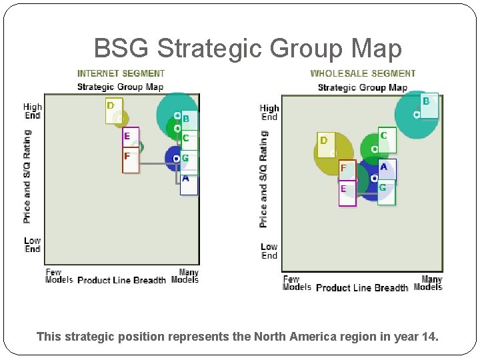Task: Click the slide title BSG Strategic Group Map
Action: click(248, 49)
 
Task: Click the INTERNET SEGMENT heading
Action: click(121, 73)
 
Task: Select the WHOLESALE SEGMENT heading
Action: click(363, 73)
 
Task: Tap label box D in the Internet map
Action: click(113, 111)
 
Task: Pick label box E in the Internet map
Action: click(131, 138)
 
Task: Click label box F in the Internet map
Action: click(131, 161)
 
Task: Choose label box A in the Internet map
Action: click(189, 183)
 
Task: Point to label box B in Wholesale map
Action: click(429, 105)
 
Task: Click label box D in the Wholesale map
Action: click(326, 144)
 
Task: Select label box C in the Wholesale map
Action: click(387, 139)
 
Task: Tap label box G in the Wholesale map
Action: click(386, 192)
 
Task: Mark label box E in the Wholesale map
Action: click(347, 193)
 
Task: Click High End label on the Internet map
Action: click(33, 111)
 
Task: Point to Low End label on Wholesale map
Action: click(269, 251)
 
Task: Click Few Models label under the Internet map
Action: click(59, 276)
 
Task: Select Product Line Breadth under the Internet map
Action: click(121, 280)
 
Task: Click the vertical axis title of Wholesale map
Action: click(263, 179)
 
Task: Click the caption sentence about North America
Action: click(238, 337)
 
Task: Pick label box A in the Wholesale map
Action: click(387, 169)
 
